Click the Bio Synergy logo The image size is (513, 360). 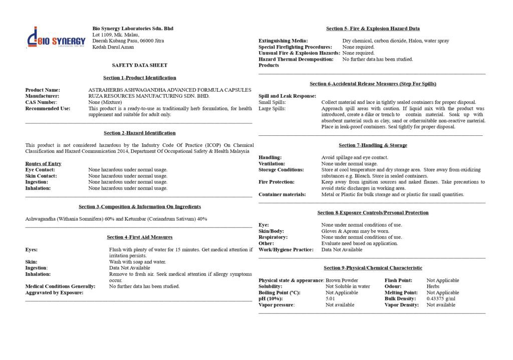click(56, 38)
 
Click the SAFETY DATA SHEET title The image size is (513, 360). click(140, 65)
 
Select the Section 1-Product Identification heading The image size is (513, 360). click(140, 78)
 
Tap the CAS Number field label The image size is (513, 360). click(41, 102)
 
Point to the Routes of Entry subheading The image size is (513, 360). click(43, 163)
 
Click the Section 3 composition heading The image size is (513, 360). click(140, 207)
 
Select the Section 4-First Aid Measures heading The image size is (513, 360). click(140, 237)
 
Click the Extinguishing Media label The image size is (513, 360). click(283, 41)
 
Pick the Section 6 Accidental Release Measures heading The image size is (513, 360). click(373, 84)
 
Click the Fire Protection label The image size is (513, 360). click(277, 182)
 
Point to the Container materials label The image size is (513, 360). click(282, 195)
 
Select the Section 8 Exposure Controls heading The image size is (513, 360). click(373, 213)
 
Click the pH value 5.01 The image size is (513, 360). click(330, 299)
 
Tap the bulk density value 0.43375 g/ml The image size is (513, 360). click(441, 299)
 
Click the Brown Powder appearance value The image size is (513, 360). click(342, 280)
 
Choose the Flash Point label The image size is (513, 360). click(398, 280)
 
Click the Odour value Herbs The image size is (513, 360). click(433, 286)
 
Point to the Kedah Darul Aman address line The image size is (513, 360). click(113, 47)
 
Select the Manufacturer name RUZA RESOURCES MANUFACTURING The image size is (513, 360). click(149, 96)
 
